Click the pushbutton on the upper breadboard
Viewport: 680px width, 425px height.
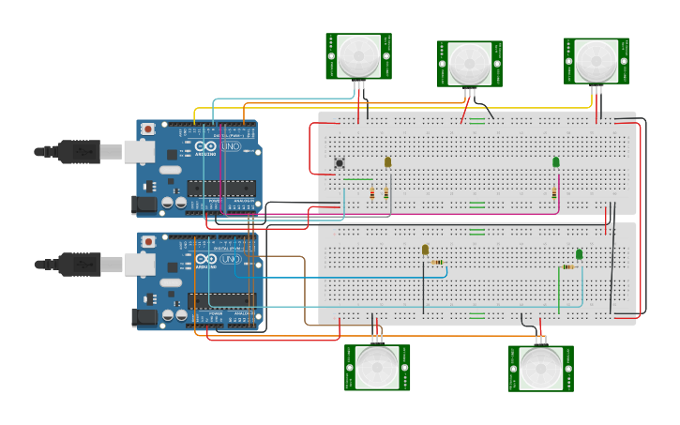tap(339, 163)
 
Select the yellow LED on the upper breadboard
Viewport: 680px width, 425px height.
tap(387, 162)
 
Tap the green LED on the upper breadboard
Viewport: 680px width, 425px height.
tap(555, 162)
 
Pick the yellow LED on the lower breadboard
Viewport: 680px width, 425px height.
tap(425, 250)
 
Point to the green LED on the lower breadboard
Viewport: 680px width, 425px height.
tap(579, 254)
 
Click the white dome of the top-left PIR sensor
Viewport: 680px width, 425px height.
tap(359, 56)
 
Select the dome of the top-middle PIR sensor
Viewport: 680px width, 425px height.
tap(469, 64)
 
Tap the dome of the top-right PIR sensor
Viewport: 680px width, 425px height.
tap(597, 60)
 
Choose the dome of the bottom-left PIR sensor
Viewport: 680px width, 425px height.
tap(377, 368)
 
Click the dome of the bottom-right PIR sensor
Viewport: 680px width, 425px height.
tap(541, 368)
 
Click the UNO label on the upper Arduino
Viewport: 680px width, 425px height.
tap(231, 148)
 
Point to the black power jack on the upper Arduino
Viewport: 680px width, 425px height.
tap(145, 203)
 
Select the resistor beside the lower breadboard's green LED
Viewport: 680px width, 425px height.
tap(568, 266)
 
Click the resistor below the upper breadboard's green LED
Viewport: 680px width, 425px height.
tap(554, 193)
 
